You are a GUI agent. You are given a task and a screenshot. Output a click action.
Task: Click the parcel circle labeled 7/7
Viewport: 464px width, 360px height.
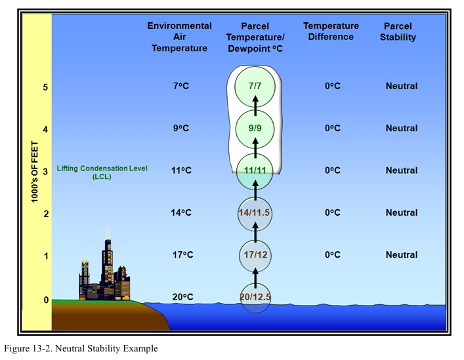[x=255, y=86]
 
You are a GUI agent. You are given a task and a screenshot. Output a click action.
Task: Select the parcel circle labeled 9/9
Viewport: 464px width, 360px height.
[x=255, y=128]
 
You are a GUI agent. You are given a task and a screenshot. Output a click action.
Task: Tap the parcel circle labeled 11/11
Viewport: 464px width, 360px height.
[x=255, y=170]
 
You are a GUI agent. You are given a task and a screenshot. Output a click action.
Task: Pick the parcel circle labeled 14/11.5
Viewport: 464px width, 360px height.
[x=255, y=212]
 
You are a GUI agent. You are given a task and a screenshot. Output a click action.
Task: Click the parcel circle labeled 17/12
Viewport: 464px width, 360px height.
[x=255, y=254]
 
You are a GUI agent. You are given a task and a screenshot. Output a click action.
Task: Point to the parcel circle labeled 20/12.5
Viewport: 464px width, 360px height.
[x=255, y=297]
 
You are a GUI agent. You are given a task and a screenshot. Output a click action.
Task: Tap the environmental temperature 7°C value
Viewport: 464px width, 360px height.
[x=182, y=86]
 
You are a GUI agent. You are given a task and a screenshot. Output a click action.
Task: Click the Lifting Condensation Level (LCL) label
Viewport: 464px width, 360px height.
[x=102, y=172]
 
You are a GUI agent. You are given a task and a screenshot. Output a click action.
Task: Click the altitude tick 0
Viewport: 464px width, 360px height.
[x=45, y=300]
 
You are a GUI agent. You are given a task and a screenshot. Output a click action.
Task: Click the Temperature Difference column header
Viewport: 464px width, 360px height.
[x=331, y=31]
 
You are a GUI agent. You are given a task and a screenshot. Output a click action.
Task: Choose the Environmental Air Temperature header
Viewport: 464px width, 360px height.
[x=179, y=37]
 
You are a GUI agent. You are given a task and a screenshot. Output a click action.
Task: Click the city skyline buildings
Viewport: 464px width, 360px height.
[x=104, y=273]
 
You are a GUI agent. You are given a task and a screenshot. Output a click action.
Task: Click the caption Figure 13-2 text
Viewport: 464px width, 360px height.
[x=81, y=349]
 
